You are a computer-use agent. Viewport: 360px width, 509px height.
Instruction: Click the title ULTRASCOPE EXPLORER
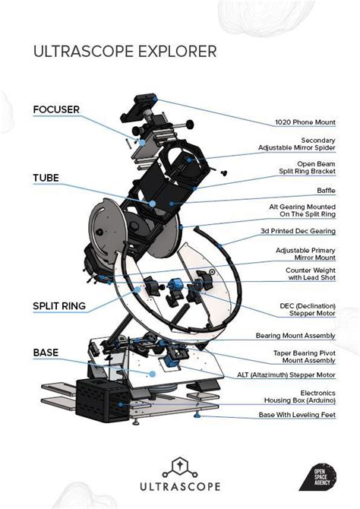pos(125,52)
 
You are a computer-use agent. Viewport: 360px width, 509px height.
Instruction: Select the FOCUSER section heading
pos(55,109)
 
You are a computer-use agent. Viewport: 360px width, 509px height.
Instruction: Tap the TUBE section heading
pos(46,178)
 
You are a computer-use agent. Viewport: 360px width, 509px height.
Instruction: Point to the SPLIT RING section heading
pos(59,306)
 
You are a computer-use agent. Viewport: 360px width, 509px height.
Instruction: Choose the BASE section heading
pos(46,353)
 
